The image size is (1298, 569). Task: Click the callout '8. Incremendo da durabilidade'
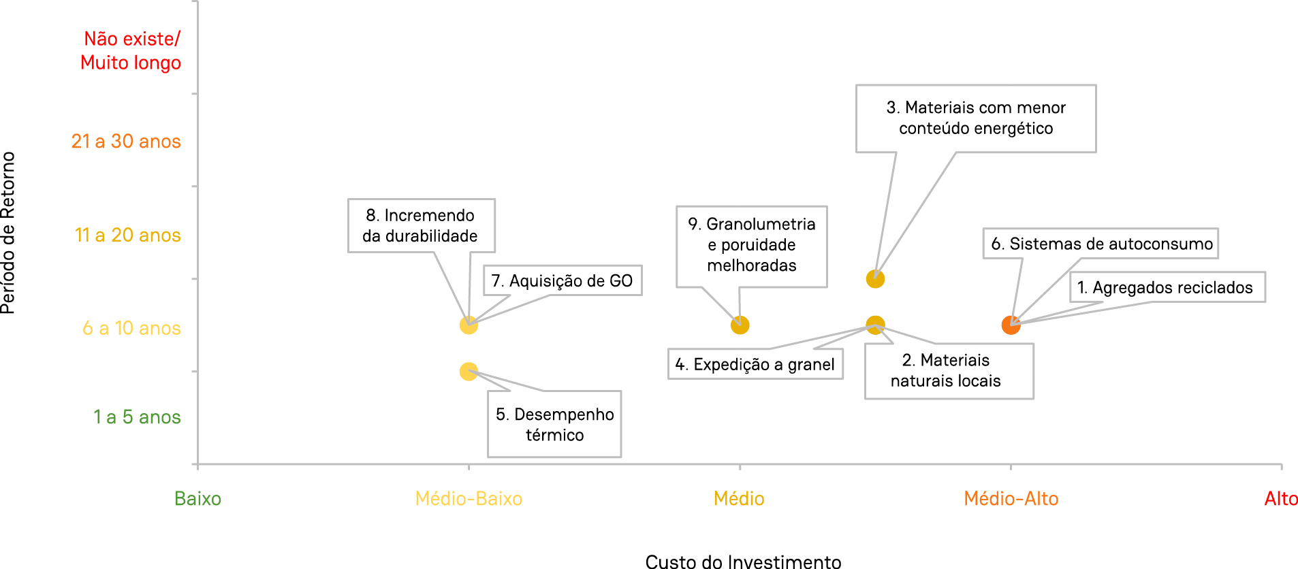(421, 226)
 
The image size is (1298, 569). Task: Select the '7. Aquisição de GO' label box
(563, 280)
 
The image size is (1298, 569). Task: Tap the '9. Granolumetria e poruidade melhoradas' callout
(751, 246)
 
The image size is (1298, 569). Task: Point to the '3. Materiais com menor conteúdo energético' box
(975, 118)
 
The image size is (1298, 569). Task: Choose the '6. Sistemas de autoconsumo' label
(1101, 244)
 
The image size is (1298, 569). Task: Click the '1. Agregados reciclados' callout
(1167, 287)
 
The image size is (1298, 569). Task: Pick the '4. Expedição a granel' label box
(755, 364)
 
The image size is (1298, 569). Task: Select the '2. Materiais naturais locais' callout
(949, 371)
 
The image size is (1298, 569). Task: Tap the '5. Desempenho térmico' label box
(554, 424)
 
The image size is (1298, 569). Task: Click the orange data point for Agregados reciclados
(1011, 325)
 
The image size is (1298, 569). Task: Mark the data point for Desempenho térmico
(469, 372)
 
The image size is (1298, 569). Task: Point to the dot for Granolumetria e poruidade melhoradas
(740, 325)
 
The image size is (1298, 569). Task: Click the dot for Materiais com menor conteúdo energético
(875, 279)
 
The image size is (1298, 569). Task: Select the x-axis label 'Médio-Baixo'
(469, 499)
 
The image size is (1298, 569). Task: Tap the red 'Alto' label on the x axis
(1280, 499)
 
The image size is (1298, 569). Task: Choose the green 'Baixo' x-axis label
(197, 499)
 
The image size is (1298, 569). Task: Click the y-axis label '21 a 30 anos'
(126, 142)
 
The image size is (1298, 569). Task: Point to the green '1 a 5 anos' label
(137, 417)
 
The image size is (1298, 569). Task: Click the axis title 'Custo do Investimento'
(743, 562)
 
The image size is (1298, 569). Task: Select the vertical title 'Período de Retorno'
(8, 233)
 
